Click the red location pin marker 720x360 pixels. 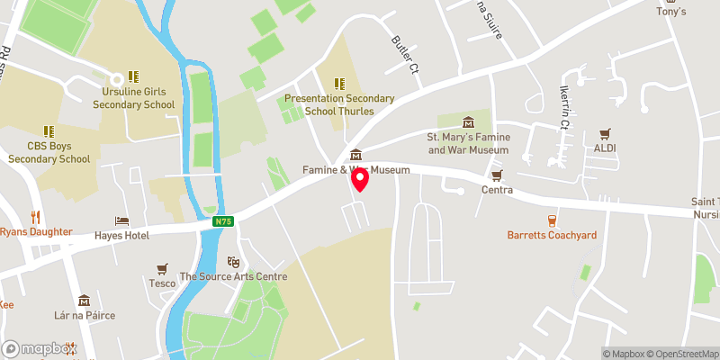click(360, 179)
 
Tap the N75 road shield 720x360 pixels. click(224, 220)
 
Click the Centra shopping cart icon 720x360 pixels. click(496, 175)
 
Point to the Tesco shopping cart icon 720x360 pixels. click(162, 268)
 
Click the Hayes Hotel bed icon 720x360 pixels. click(121, 220)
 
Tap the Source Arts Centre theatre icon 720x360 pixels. click(233, 261)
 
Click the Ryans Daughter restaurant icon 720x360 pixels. click(36, 217)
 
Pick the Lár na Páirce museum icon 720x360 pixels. click(84, 301)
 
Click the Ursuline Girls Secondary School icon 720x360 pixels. click(133, 77)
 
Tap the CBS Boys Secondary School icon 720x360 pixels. click(49, 130)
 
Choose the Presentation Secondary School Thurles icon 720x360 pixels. click(339, 83)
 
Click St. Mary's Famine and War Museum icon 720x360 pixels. click(467, 122)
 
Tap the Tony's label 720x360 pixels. click(670, 12)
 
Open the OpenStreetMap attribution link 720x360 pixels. click(679, 354)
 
